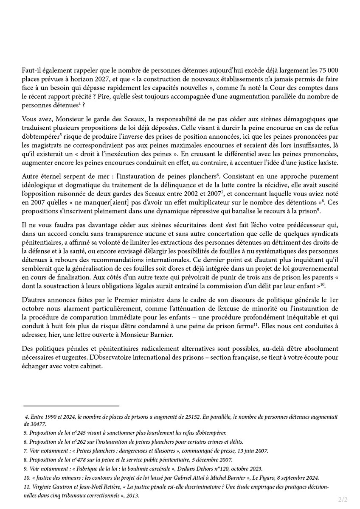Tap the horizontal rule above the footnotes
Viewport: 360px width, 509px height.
coord(71,406)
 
